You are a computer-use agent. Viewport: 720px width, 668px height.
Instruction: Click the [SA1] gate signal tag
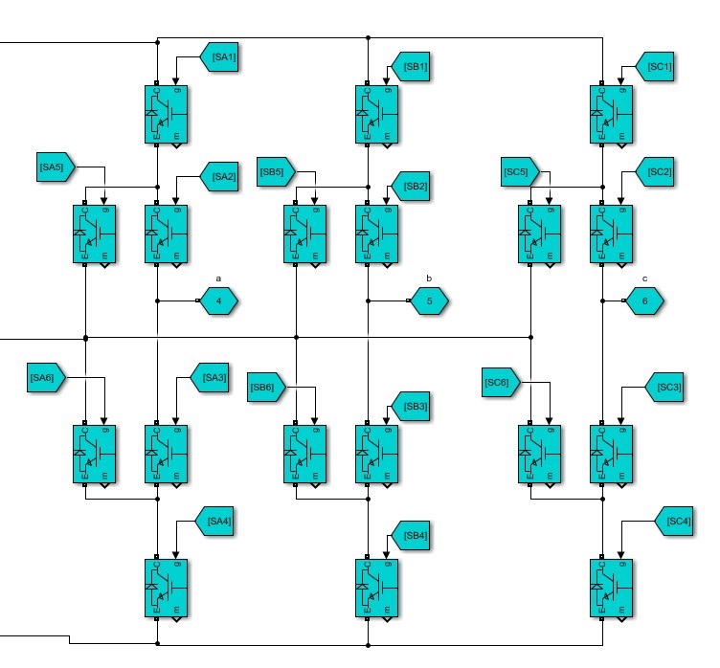click(x=221, y=58)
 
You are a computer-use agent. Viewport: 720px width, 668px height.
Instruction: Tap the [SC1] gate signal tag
click(x=658, y=67)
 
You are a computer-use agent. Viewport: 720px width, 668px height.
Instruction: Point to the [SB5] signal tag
click(x=273, y=172)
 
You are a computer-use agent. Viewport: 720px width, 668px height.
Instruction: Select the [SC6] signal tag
click(x=499, y=384)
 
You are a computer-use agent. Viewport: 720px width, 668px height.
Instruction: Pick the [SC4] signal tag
click(x=677, y=522)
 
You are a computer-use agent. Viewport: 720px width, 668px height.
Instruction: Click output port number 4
click(x=219, y=301)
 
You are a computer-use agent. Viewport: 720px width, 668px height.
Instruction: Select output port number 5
click(x=430, y=301)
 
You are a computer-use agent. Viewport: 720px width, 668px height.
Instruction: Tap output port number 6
click(x=644, y=301)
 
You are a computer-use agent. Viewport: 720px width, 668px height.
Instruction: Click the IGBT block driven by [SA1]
click(x=166, y=114)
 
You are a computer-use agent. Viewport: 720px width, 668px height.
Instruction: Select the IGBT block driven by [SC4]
click(x=609, y=587)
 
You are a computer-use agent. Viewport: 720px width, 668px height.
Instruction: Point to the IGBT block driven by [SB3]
click(x=376, y=453)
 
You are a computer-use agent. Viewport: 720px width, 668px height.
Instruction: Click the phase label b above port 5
click(x=429, y=278)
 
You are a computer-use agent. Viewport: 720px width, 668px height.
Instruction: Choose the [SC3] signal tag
click(x=667, y=387)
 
